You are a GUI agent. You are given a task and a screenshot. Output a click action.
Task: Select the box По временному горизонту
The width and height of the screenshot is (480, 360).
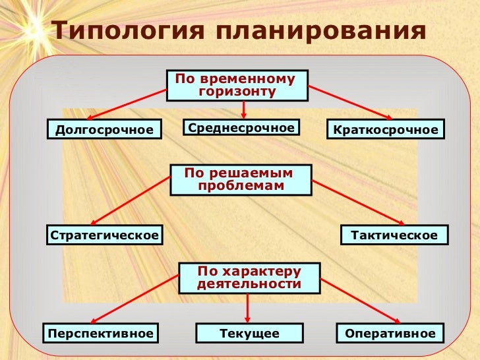point(237,85)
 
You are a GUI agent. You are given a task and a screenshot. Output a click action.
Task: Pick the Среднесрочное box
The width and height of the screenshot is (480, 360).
point(241,127)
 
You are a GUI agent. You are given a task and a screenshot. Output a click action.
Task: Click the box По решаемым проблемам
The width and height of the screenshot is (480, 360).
point(241,179)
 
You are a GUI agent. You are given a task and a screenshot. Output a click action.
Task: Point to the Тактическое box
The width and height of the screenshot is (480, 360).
point(394,235)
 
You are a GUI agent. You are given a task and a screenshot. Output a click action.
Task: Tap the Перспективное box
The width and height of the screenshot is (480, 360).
point(100,334)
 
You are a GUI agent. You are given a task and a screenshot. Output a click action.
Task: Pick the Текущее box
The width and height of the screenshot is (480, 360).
point(249,334)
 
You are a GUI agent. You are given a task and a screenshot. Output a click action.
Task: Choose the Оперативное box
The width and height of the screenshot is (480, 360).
point(390,334)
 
